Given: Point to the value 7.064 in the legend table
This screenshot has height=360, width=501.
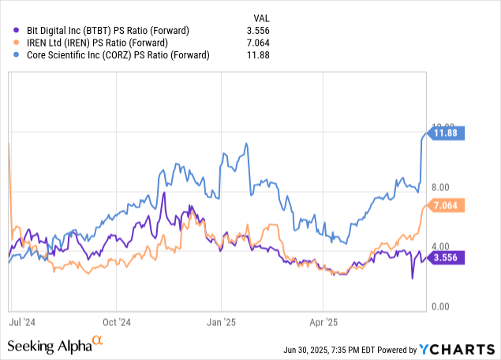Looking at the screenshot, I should coord(282,43).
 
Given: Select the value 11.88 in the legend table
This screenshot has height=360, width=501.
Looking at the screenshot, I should coord(282,55).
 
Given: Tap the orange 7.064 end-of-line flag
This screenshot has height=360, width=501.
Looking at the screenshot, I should coord(448,206).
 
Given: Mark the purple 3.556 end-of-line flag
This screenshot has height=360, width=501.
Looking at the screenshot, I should coord(448,257).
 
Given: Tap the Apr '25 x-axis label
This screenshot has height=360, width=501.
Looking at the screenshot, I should coord(324,322).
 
